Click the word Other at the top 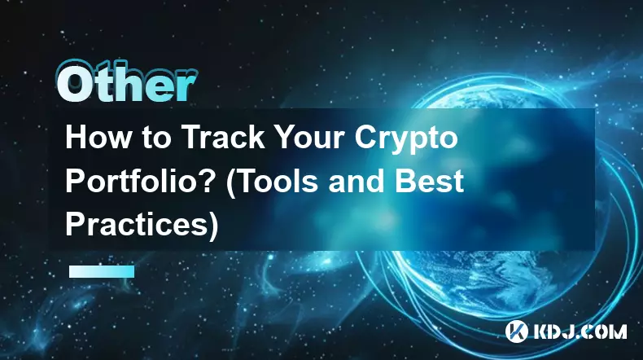tap(126, 86)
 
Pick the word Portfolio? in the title tap(138, 181)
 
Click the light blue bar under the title tap(102, 271)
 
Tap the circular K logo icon tap(516, 331)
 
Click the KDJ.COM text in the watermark tap(580, 331)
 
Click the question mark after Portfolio tap(204, 181)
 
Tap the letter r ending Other tap(186, 89)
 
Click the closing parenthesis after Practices tap(213, 226)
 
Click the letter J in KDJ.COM tap(569, 331)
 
